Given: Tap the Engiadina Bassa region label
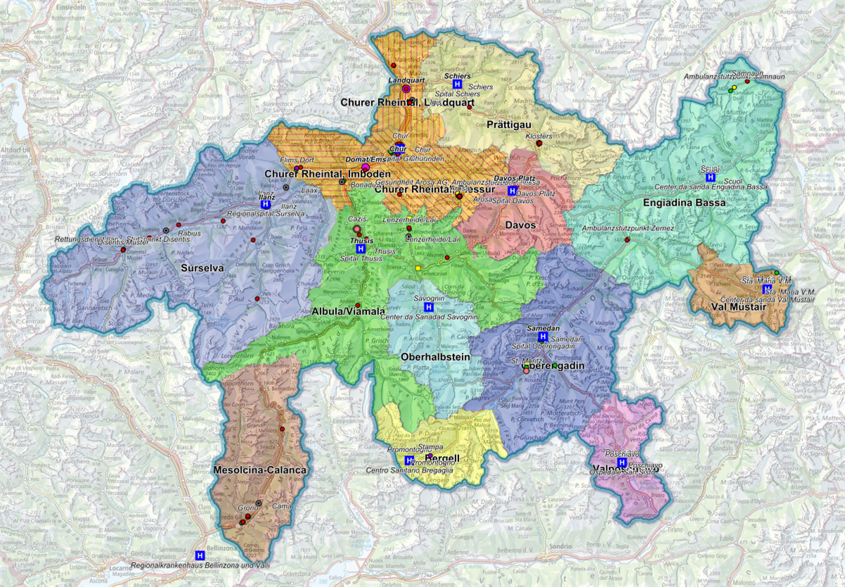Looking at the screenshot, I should (x=674, y=203).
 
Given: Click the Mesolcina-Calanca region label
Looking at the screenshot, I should (x=260, y=469).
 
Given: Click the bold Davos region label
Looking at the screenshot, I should (x=522, y=225).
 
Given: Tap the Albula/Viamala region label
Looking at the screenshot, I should (x=348, y=310).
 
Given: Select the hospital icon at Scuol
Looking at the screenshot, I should (x=711, y=178).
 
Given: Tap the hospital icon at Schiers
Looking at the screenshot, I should (x=457, y=84).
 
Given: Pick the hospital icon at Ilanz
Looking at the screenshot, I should (x=265, y=205).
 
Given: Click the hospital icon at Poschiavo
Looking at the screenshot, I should (x=621, y=462).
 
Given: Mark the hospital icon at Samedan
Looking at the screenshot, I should (x=542, y=337).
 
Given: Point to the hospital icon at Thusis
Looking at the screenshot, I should (x=361, y=249).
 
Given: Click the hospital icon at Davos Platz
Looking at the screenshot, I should (x=513, y=191).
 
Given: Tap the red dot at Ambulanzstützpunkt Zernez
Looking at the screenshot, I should (x=627, y=239).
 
